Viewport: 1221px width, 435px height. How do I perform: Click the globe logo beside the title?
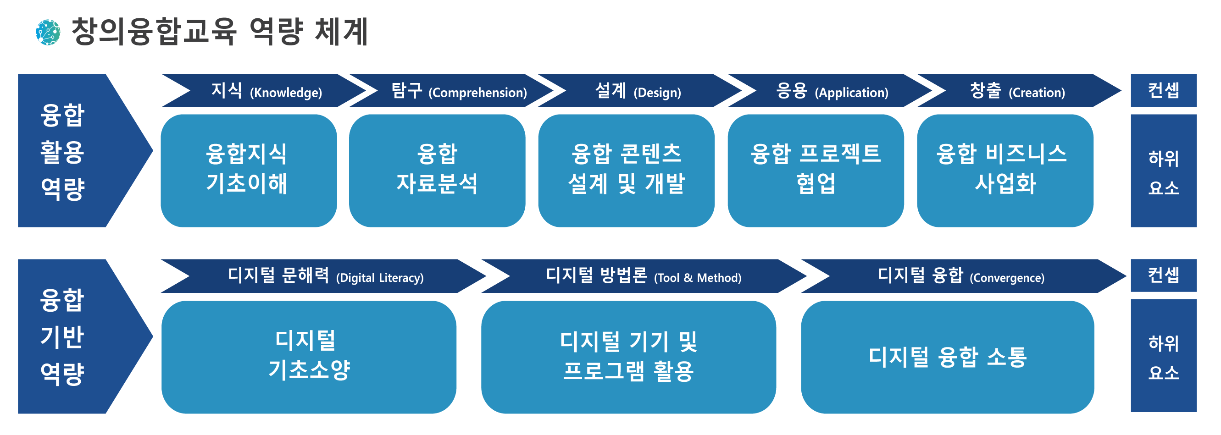click(48, 32)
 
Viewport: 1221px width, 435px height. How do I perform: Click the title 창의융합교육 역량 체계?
click(219, 32)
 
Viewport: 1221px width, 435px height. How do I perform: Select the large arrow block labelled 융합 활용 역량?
click(71, 151)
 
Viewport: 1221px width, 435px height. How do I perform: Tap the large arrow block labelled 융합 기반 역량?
click(71, 336)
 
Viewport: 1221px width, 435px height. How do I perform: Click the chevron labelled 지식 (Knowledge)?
click(266, 90)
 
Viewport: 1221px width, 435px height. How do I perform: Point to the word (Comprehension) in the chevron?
click(477, 93)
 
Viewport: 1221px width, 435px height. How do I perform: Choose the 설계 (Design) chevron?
click(638, 90)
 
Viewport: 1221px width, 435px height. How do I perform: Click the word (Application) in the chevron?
click(851, 93)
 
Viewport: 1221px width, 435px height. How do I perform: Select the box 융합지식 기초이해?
click(248, 171)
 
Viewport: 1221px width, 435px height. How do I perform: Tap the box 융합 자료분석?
click(437, 171)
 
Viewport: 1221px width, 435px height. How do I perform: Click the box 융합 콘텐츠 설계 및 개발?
click(626, 171)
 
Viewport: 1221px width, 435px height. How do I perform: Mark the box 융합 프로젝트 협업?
click(815, 171)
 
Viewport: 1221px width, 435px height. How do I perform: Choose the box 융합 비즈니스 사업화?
click(1005, 171)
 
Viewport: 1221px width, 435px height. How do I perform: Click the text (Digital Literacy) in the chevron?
click(380, 278)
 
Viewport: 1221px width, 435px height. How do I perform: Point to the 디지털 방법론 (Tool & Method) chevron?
click(643, 276)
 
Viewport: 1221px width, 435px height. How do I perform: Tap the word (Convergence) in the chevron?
click(1007, 278)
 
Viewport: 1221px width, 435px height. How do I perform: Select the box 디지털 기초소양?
click(309, 357)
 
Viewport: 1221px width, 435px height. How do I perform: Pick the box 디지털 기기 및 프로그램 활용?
click(628, 357)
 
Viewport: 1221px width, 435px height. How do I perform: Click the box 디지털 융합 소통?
click(947, 357)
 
